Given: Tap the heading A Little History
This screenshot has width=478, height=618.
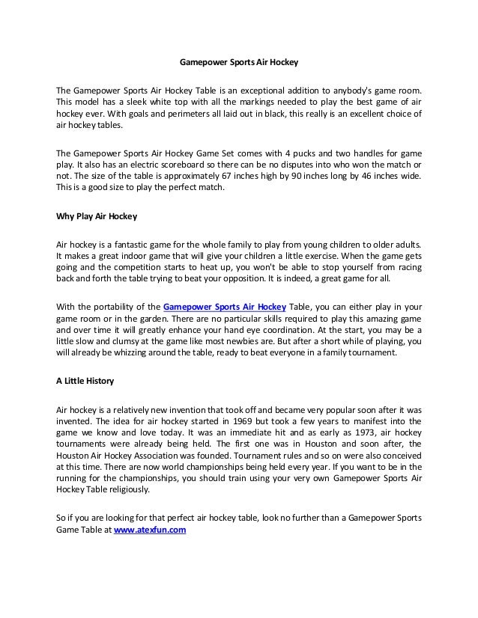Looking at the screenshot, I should pyautogui.click(x=85, y=381).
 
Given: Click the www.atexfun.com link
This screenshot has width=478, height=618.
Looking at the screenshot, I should pyautogui.click(x=150, y=530).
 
